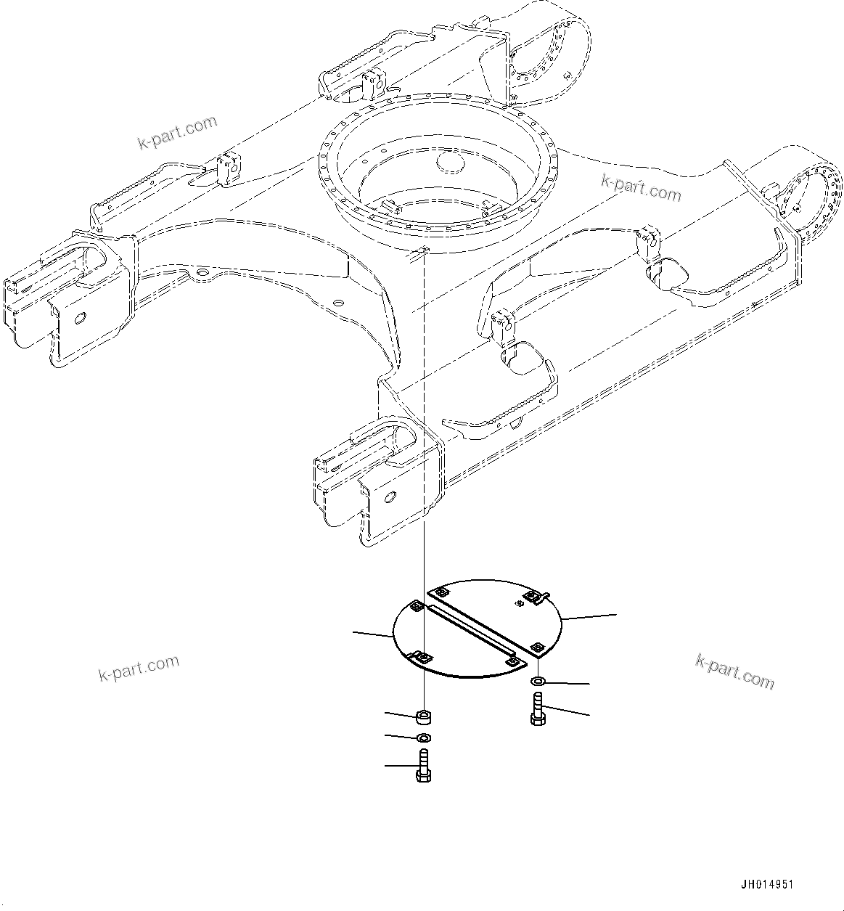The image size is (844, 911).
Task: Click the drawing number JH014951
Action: point(766,885)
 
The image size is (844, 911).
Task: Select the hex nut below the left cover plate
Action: point(423,718)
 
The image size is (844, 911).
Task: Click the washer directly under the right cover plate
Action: point(538,682)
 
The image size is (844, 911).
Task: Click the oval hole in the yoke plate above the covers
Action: point(389,497)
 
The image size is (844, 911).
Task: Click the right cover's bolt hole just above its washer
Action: point(537,646)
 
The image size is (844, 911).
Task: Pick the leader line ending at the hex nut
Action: point(399,715)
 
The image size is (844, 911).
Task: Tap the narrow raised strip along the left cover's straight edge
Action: point(472,632)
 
